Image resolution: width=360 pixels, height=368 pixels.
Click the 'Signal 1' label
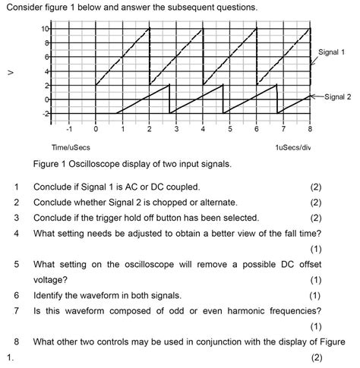[x=331, y=52]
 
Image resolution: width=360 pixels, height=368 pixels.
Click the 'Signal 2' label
[x=334, y=97]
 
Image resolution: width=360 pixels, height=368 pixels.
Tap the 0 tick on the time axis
[x=96, y=128]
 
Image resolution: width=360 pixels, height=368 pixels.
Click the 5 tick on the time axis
[x=230, y=128]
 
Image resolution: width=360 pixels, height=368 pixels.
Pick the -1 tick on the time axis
[x=68, y=128]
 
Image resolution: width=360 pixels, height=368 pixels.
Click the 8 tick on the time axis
[x=310, y=128]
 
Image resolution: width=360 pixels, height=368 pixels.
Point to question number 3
[x=15, y=219]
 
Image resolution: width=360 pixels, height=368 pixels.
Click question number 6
[x=15, y=296]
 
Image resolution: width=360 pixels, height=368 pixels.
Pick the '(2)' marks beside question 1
[x=316, y=187]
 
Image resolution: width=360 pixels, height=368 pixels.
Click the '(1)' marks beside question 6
[x=316, y=296]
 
